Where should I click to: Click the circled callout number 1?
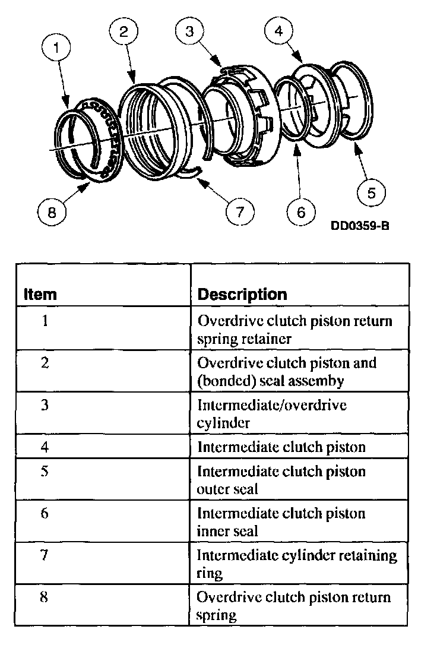coord(56,49)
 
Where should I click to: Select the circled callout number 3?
coord(189,33)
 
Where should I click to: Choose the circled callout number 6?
coord(301,212)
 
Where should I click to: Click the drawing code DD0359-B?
coord(360,226)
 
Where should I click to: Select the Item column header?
coord(40,294)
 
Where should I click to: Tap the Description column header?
coord(242,294)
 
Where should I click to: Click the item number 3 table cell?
coord(45,405)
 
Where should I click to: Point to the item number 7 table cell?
coord(45,555)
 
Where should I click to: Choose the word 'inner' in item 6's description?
coord(212,532)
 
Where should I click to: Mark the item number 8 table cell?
coord(45,596)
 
